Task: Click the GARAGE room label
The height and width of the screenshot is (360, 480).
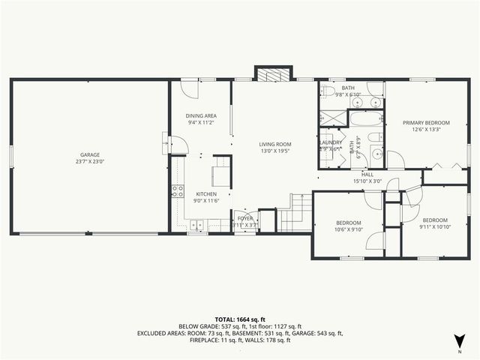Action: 90,154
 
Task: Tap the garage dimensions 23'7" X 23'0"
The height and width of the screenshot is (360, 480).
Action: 90,161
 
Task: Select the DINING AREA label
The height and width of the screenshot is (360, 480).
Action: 201,115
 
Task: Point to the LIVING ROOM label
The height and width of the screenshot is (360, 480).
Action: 275,144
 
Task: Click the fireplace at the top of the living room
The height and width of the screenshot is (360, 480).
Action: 274,73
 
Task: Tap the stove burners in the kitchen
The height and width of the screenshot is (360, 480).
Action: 178,191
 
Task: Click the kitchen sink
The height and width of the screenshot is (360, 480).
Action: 197,224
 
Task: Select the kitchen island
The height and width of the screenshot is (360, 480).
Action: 222,172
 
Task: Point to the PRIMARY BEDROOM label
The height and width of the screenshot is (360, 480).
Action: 425,122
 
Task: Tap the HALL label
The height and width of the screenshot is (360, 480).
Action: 367,175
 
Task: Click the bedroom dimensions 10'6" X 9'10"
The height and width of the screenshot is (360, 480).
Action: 349,230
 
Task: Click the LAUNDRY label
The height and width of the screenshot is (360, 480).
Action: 331,142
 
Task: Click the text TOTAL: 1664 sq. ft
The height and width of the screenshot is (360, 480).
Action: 240,319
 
